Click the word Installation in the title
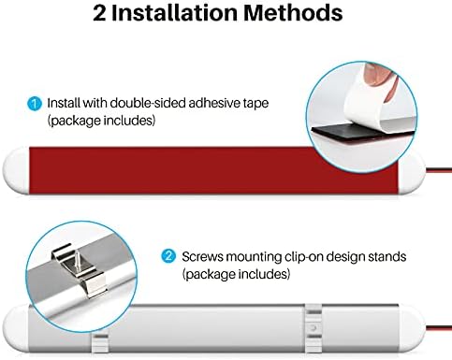coord(175,13)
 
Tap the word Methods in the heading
coord(293,13)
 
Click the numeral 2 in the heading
coord(99,13)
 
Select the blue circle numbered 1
coord(35,104)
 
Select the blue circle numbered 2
coord(168,257)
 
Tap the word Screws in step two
coord(203,257)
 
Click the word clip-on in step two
coord(304,257)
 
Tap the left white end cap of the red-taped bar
coord(16,170)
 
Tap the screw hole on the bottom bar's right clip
coord(313,328)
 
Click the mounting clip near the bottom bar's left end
coord(100,343)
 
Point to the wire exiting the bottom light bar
coord(438,327)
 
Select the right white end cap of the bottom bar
coord(412,329)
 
